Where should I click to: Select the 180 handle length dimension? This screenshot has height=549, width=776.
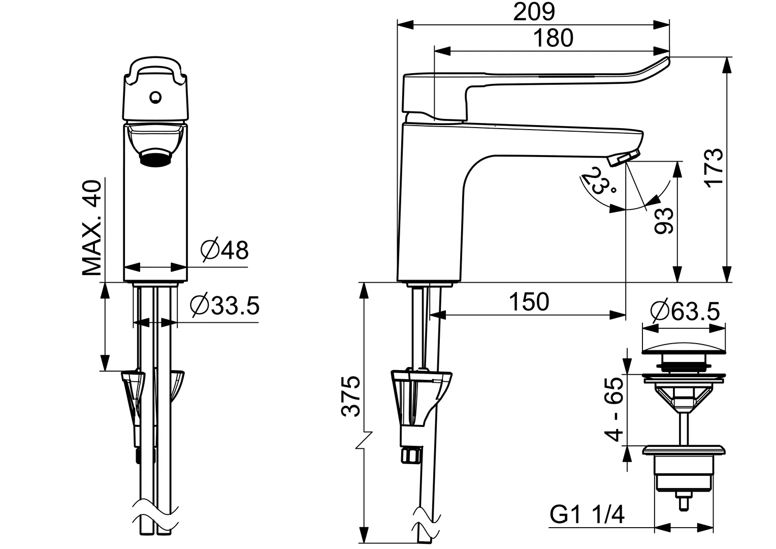click(x=554, y=39)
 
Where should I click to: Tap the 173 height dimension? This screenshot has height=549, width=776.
click(x=714, y=168)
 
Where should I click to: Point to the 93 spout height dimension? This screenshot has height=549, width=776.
click(x=665, y=220)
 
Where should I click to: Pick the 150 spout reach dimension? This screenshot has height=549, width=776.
click(x=529, y=301)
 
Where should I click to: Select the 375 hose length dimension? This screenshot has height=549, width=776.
click(x=351, y=397)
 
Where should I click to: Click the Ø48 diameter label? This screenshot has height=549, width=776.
click(x=224, y=250)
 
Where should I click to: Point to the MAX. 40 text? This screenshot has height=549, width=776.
click(x=92, y=228)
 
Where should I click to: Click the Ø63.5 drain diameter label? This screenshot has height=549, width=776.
click(x=685, y=311)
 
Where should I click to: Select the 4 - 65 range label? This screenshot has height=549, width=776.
click(x=614, y=410)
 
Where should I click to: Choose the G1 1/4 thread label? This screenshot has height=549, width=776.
click(x=587, y=515)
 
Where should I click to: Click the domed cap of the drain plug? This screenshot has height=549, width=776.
click(x=684, y=350)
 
